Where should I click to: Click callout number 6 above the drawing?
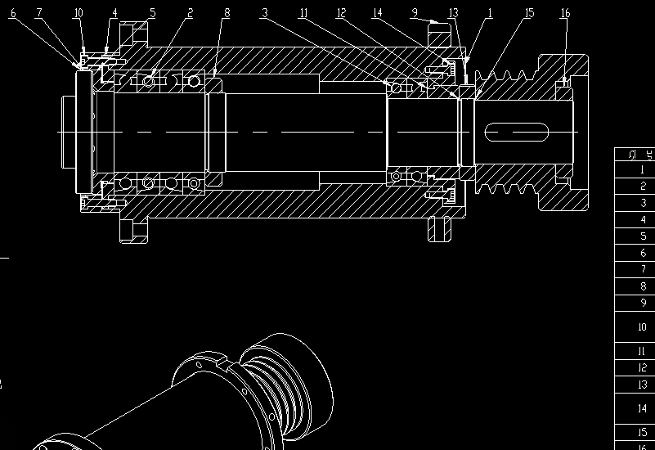point(13,13)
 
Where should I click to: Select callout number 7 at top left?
point(38,13)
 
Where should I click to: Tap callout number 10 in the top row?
point(78,13)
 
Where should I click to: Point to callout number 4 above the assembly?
point(114,13)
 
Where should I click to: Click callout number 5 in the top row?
point(152,13)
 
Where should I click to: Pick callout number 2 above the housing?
point(190,13)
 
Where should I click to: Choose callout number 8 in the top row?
point(227,13)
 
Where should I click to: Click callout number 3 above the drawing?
point(264,13)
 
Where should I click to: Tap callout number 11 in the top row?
point(303,13)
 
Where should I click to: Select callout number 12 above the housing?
point(341,13)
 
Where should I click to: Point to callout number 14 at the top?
point(377,13)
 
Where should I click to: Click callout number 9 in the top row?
point(415,13)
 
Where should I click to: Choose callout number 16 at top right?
point(565,13)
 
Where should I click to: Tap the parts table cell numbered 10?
point(643,327)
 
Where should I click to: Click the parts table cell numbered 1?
point(643,170)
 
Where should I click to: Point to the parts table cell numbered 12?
point(643,368)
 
